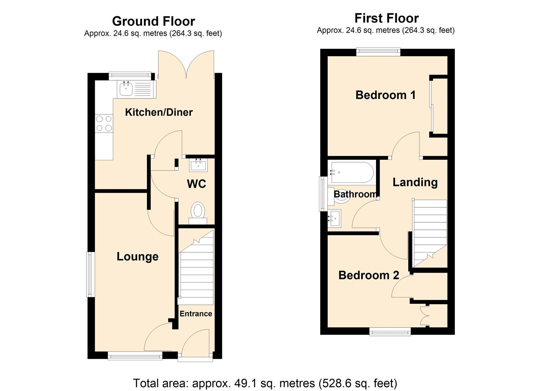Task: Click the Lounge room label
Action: tap(137, 257)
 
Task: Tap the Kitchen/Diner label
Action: tap(159, 112)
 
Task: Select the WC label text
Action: tap(196, 184)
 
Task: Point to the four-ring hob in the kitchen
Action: tap(104, 123)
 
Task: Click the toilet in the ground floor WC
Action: tap(198, 211)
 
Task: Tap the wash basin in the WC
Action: tap(198, 166)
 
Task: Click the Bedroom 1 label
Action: tap(385, 95)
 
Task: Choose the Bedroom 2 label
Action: tap(368, 275)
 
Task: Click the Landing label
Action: tap(415, 182)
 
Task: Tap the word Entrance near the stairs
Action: tap(196, 314)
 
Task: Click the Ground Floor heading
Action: tap(153, 21)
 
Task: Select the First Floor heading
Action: tap(386, 18)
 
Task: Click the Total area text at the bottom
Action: tap(265, 383)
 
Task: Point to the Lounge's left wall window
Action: tap(90, 274)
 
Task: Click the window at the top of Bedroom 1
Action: tap(378, 52)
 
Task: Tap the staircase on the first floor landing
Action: tap(430, 228)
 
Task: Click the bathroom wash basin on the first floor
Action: tap(334, 218)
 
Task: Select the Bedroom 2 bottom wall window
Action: tap(390, 331)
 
